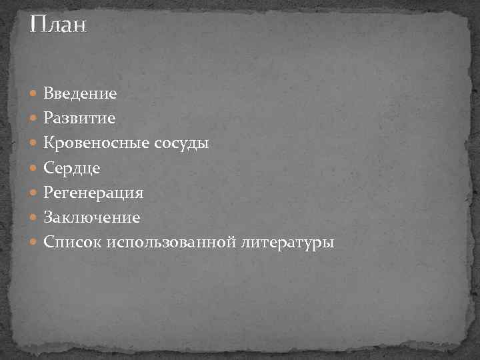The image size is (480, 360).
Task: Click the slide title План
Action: point(58,26)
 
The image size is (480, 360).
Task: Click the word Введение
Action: point(81,94)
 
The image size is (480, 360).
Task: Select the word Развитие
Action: point(79,119)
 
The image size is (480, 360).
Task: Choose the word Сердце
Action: point(72,168)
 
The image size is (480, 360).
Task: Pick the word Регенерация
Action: point(93,193)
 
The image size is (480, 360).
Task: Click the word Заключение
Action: point(92,217)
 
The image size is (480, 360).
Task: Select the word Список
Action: point(72,242)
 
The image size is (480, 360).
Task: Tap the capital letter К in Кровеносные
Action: point(49,143)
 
